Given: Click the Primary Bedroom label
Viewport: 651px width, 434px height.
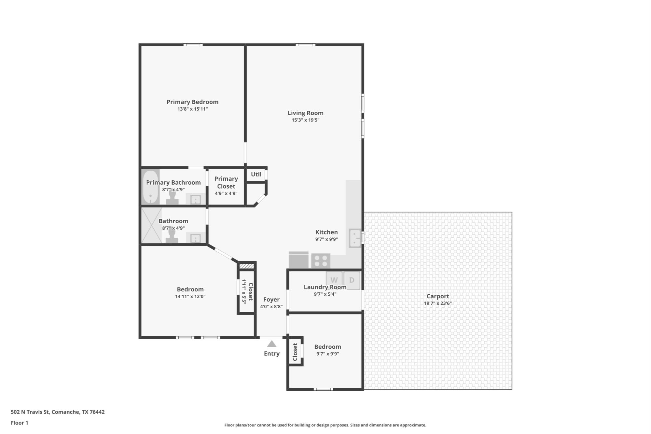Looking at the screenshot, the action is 192,102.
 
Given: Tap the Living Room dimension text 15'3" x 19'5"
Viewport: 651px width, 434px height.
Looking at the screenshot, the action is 305,120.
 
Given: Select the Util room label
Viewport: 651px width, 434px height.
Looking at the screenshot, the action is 256,174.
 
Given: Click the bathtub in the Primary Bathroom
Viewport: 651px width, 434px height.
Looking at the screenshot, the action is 150,187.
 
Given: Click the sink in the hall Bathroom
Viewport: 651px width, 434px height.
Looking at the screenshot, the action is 195,238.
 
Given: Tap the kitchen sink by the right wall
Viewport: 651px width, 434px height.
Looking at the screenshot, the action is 355,238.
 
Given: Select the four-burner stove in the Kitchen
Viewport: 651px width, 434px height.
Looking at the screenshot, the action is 321,261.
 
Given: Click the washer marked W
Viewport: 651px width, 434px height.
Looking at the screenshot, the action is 334,280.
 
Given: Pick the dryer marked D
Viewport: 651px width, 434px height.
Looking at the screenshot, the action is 352,280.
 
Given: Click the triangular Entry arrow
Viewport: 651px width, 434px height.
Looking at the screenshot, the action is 271,344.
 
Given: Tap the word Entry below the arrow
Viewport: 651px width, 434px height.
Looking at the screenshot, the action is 272,354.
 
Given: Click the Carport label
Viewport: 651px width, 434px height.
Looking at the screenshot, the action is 438,296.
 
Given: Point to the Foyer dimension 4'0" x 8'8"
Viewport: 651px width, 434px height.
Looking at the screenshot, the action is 271,307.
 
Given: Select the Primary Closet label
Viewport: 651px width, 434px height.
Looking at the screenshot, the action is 226,183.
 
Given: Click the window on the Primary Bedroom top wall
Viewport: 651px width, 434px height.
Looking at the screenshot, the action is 193,45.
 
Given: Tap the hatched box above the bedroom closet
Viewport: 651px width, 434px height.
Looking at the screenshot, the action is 247,266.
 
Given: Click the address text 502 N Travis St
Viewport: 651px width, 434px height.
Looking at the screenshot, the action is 30,412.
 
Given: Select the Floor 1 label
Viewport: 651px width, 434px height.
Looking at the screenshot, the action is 20,423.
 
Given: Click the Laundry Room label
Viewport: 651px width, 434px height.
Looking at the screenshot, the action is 325,287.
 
